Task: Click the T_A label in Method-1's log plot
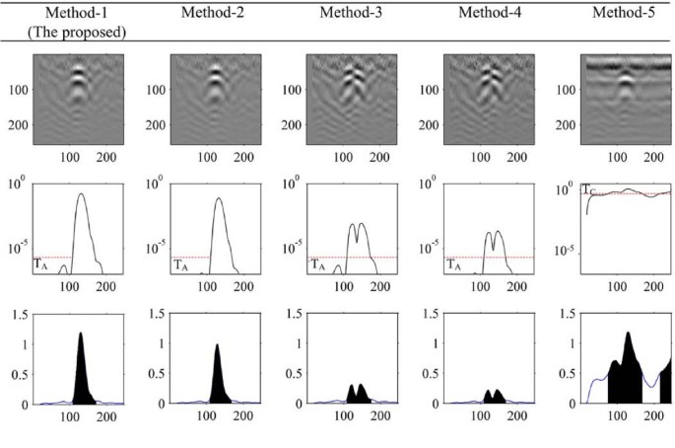pos(40,264)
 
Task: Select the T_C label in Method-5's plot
pos(588,187)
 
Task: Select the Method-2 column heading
pos(211,12)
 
